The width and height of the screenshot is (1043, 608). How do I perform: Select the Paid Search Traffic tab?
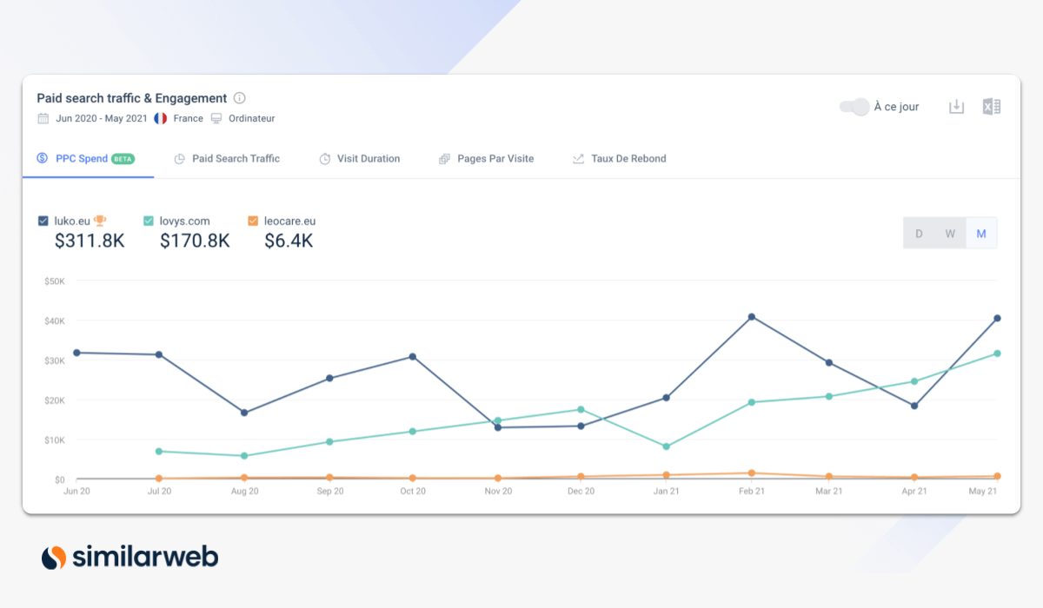pyautogui.click(x=227, y=159)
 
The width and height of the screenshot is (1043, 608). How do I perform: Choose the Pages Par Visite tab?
pyautogui.click(x=486, y=159)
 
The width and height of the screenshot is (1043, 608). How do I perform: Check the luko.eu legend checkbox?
pyautogui.click(x=43, y=221)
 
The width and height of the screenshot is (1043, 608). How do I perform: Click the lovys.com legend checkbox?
pyautogui.click(x=149, y=221)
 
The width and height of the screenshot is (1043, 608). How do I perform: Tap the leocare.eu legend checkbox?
pyautogui.click(x=253, y=221)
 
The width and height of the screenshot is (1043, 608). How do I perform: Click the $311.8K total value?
pyautogui.click(x=90, y=241)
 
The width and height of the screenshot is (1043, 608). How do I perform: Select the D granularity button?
pyautogui.click(x=919, y=234)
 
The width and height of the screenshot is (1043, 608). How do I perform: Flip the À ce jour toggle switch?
pyautogui.click(x=854, y=107)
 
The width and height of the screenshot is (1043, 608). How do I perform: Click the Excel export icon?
pyautogui.click(x=991, y=107)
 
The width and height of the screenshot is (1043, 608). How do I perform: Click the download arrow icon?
pyautogui.click(x=956, y=107)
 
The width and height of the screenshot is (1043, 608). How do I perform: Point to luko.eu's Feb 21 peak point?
pyautogui.click(x=752, y=317)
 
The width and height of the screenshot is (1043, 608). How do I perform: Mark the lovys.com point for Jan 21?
pyautogui.click(x=667, y=446)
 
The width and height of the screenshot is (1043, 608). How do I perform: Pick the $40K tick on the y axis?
pyautogui.click(x=54, y=321)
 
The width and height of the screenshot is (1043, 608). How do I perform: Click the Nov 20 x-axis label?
pyautogui.click(x=497, y=492)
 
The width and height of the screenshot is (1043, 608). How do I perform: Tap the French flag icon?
pyautogui.click(x=160, y=118)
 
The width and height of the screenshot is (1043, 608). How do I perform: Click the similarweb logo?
pyautogui.click(x=130, y=557)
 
